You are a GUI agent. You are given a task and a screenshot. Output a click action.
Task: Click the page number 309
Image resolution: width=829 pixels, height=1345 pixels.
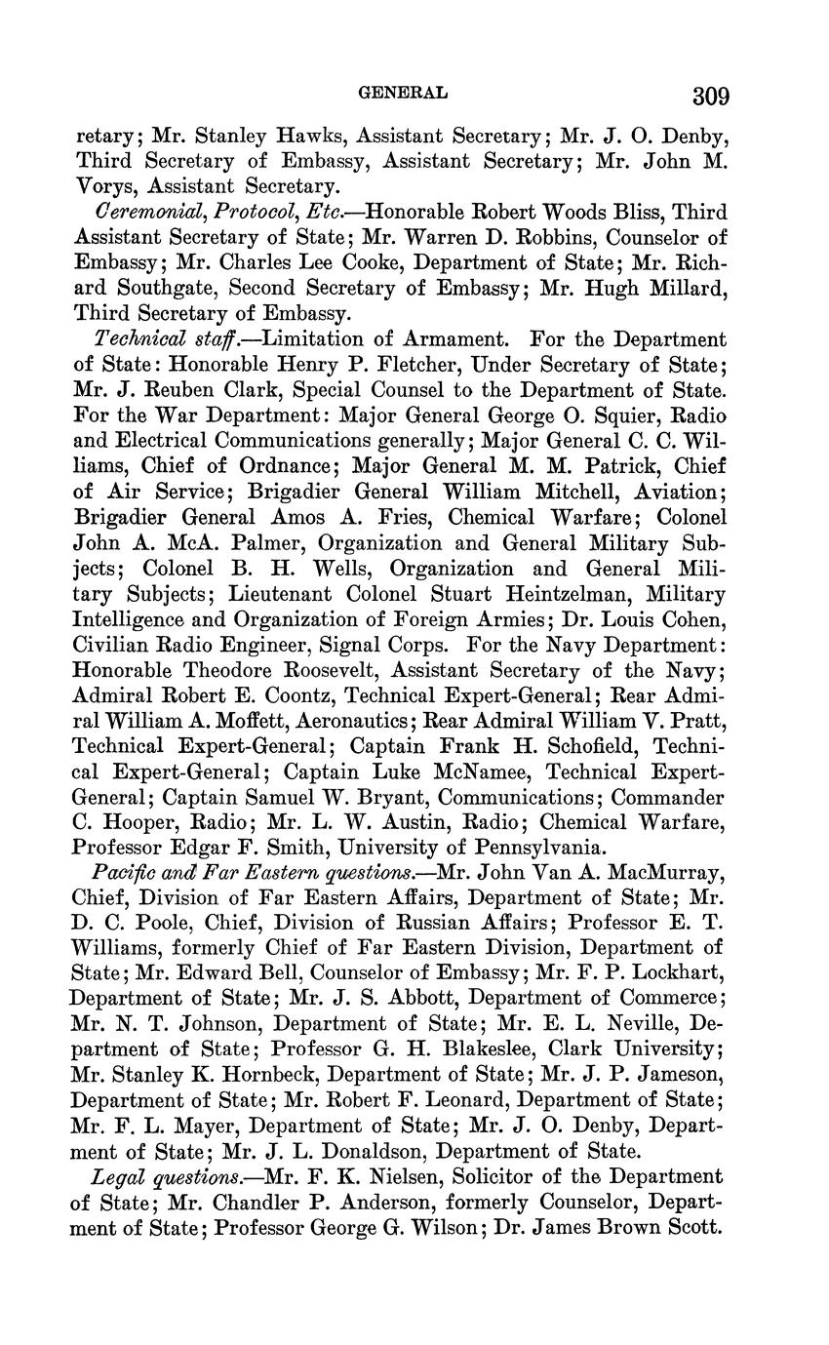710,96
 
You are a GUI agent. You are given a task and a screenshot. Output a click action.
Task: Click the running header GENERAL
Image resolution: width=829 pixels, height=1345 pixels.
403,93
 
